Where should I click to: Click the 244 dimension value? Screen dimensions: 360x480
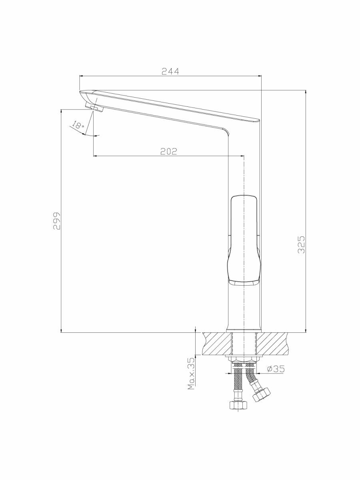170,72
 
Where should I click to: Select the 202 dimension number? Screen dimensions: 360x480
168,151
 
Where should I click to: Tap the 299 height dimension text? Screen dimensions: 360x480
57,220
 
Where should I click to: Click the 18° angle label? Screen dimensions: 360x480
78,125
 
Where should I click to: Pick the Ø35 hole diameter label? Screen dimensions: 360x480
276,369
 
